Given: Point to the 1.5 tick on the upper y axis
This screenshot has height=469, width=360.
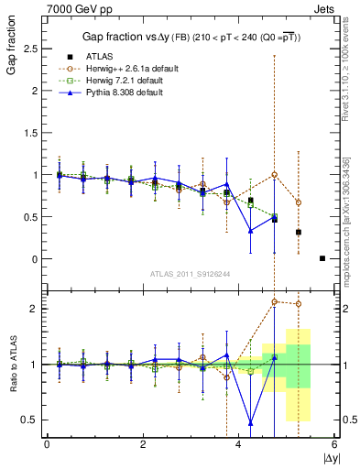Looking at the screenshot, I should click(32, 132).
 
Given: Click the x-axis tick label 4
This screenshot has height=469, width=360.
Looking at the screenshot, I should click(239, 445).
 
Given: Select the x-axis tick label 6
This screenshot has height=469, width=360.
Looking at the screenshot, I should click(334, 445).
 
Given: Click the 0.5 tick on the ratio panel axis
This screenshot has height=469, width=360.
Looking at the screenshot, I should click(32, 420).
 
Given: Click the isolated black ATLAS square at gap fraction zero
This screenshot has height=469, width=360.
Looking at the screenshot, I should click(322, 258).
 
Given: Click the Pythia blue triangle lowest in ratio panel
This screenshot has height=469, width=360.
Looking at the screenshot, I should click(251, 423).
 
